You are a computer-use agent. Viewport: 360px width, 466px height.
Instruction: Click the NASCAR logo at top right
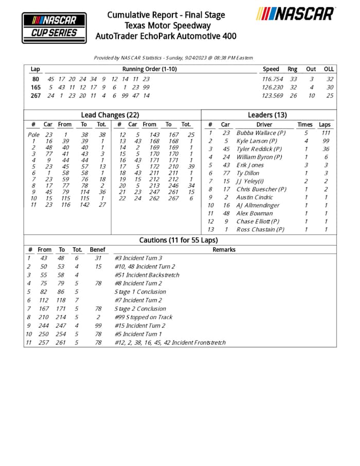[295, 14]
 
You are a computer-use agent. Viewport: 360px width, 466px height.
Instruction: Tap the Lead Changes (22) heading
[110, 115]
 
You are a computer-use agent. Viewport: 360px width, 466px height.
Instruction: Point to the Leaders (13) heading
[267, 115]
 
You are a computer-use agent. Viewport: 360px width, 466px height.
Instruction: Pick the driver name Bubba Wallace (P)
[261, 133]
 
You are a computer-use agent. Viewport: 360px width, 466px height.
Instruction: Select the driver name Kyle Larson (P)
[257, 141]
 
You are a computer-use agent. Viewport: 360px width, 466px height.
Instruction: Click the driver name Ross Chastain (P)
[260, 229]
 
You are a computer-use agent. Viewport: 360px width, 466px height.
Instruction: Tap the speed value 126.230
[273, 87]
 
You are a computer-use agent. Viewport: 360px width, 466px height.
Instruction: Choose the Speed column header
[271, 69]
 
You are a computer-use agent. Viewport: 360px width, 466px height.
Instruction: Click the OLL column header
[329, 69]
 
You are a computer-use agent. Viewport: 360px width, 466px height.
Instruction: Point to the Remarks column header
[224, 249]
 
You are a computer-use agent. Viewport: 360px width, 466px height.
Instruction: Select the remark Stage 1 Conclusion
[140, 292]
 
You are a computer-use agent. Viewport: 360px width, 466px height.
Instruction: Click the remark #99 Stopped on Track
[143, 317]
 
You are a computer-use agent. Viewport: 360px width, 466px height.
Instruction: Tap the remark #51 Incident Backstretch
[147, 275]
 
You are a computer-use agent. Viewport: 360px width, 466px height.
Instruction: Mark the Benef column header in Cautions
[97, 249]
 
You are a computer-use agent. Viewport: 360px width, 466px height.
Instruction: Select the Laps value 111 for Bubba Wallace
[325, 133]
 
